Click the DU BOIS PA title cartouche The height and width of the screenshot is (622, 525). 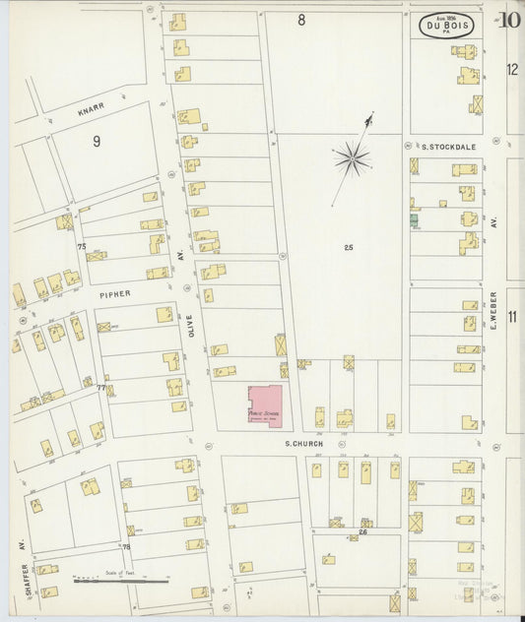(x=448, y=26)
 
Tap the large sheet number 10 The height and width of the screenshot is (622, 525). (x=510, y=20)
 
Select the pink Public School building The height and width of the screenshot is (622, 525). (x=264, y=405)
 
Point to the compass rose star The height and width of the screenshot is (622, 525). (x=351, y=156)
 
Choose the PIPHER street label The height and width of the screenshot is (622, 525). (x=114, y=293)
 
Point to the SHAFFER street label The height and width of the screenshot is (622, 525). (x=19, y=568)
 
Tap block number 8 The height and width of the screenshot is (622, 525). (x=301, y=20)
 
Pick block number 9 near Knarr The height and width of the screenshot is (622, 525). (x=97, y=142)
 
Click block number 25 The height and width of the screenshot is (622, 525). (x=349, y=247)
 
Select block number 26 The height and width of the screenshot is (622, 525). (x=362, y=532)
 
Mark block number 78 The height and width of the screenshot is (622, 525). (x=126, y=546)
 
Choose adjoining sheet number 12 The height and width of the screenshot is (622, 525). (x=512, y=69)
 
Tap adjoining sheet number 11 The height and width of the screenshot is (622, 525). (x=512, y=316)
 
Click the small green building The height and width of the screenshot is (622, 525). (x=415, y=220)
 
